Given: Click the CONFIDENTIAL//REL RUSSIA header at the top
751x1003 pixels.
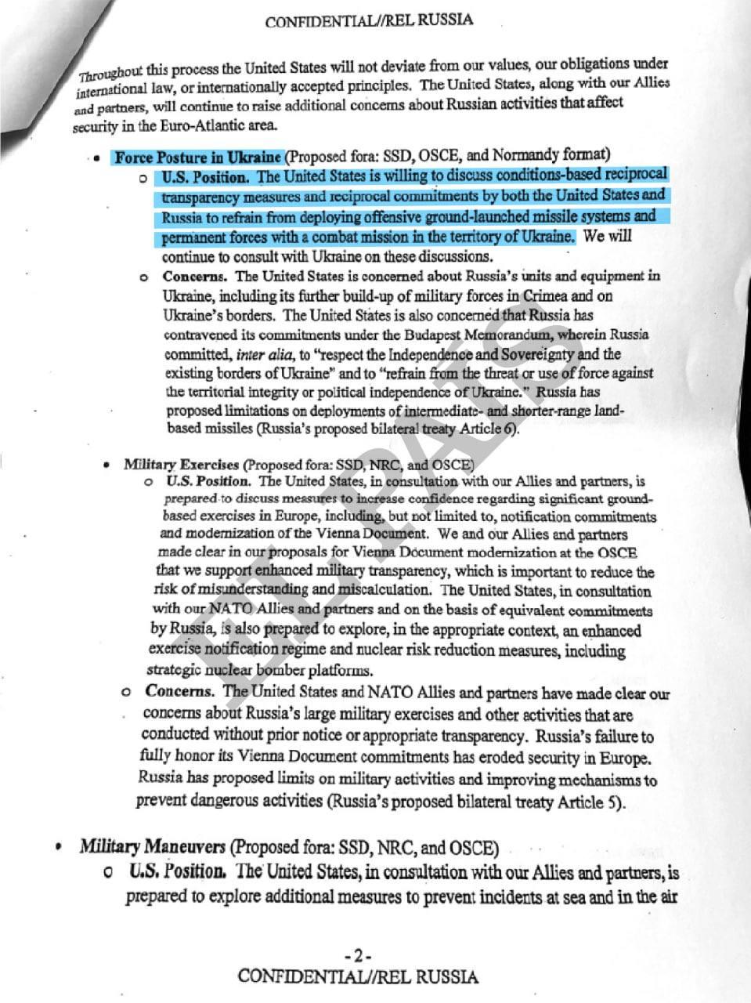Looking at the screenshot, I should pos(369,20).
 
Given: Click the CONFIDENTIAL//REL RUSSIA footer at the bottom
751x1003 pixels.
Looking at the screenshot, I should pos(357,976).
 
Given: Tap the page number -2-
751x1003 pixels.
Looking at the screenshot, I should pos(357,956).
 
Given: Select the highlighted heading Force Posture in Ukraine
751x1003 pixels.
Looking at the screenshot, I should pos(197,157).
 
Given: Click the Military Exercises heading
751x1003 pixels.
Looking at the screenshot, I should pos(182,465).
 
